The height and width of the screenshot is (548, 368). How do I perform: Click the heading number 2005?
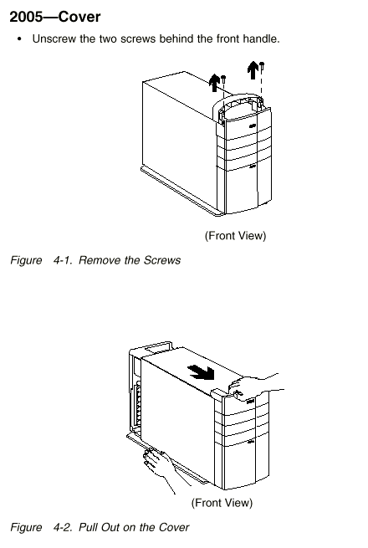(25, 17)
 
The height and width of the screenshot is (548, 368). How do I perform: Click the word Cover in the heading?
(79, 17)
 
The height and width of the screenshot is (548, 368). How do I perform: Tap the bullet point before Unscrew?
(19, 38)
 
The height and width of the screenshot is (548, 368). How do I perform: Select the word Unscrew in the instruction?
(54, 38)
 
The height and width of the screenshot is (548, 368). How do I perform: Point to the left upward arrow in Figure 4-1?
(214, 83)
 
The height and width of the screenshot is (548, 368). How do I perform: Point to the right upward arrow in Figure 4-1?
(253, 70)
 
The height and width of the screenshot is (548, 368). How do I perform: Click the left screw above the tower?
(223, 79)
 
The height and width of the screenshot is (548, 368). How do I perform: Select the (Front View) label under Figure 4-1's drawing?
(235, 236)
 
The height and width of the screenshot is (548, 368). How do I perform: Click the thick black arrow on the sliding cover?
(201, 371)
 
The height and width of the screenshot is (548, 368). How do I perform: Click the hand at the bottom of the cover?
(159, 467)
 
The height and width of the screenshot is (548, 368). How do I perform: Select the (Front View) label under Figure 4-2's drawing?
(222, 503)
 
